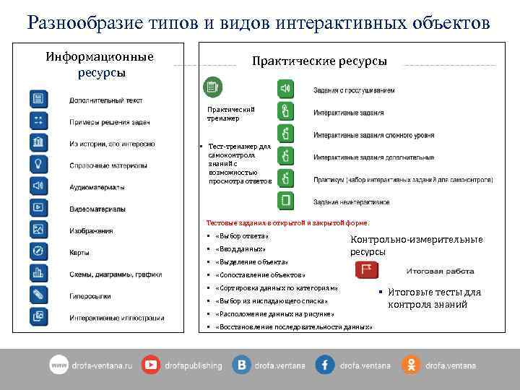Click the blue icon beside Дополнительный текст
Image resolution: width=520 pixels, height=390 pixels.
pyautogui.click(x=38, y=99)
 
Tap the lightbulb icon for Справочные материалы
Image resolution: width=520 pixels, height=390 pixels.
pyautogui.click(x=38, y=164)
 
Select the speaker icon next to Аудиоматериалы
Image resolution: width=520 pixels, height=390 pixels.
pyautogui.click(x=38, y=186)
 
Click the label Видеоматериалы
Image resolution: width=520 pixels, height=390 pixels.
pyautogui.click(x=97, y=209)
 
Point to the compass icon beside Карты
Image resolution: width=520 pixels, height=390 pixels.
pyautogui.click(x=38, y=251)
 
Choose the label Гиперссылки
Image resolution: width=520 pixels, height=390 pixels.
pyautogui.click(x=90, y=295)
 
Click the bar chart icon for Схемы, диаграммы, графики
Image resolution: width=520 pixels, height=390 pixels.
pyautogui.click(x=38, y=273)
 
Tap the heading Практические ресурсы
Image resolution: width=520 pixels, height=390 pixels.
pyautogui.click(x=318, y=61)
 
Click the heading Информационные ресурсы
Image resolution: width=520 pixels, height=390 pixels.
pyautogui.click(x=100, y=64)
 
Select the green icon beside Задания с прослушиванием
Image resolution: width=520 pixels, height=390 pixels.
pyautogui.click(x=286, y=89)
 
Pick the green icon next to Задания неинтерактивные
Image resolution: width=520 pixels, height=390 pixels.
pyautogui.click(x=286, y=200)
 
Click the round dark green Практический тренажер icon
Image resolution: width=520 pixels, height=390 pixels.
pyautogui.click(x=212, y=87)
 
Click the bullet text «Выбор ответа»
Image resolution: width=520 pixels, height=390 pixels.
pyautogui.click(x=241, y=236)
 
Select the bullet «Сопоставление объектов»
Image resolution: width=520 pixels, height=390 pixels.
pyautogui.click(x=260, y=275)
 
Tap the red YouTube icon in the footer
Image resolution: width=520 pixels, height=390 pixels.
pyautogui.click(x=152, y=365)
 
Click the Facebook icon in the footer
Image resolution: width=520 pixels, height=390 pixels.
pyautogui.click(x=325, y=365)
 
